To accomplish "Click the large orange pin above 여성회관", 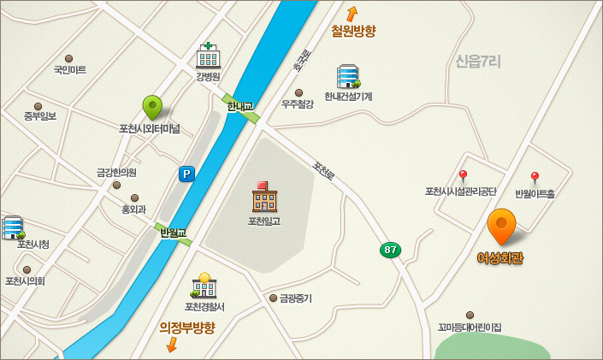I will click(x=501, y=225).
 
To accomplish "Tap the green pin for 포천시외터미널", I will click(x=152, y=107).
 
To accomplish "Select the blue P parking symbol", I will click(x=186, y=174).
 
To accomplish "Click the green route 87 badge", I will click(x=390, y=250).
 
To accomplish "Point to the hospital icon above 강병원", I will click(x=208, y=56).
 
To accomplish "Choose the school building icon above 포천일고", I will click(x=264, y=198).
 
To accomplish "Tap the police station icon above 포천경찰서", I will click(x=204, y=286).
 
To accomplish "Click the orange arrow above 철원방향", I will click(x=352, y=14).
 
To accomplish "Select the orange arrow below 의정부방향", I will click(x=171, y=344).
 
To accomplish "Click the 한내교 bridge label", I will click(x=239, y=106).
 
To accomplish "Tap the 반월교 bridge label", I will click(x=173, y=233).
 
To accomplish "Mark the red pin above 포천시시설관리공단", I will click(x=463, y=175).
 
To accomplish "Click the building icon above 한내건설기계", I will click(x=347, y=76).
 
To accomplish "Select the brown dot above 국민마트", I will click(x=69, y=59).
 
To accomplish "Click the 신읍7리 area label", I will click(x=477, y=61).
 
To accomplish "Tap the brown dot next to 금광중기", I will click(x=274, y=298).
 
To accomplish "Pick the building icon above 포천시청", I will click(x=13, y=227).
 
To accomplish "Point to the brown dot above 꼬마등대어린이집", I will click(x=470, y=315).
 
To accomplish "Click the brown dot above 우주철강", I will click(x=299, y=92).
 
